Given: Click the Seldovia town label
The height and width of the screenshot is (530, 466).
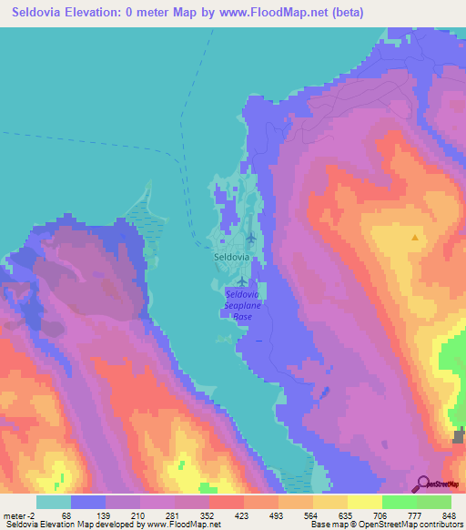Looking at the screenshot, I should [x=230, y=257].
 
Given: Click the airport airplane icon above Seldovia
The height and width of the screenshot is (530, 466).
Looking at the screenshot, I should [x=250, y=239].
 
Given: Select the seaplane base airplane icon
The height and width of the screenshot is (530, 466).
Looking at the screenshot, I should [x=241, y=282].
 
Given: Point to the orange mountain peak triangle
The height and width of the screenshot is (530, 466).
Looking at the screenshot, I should [x=415, y=238].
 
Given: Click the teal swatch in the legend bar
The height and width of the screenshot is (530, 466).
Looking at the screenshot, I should [x=54, y=502].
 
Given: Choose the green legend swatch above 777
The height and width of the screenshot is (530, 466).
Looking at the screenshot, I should [x=400, y=502].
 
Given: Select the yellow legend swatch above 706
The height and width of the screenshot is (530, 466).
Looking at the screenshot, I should [x=365, y=502].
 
